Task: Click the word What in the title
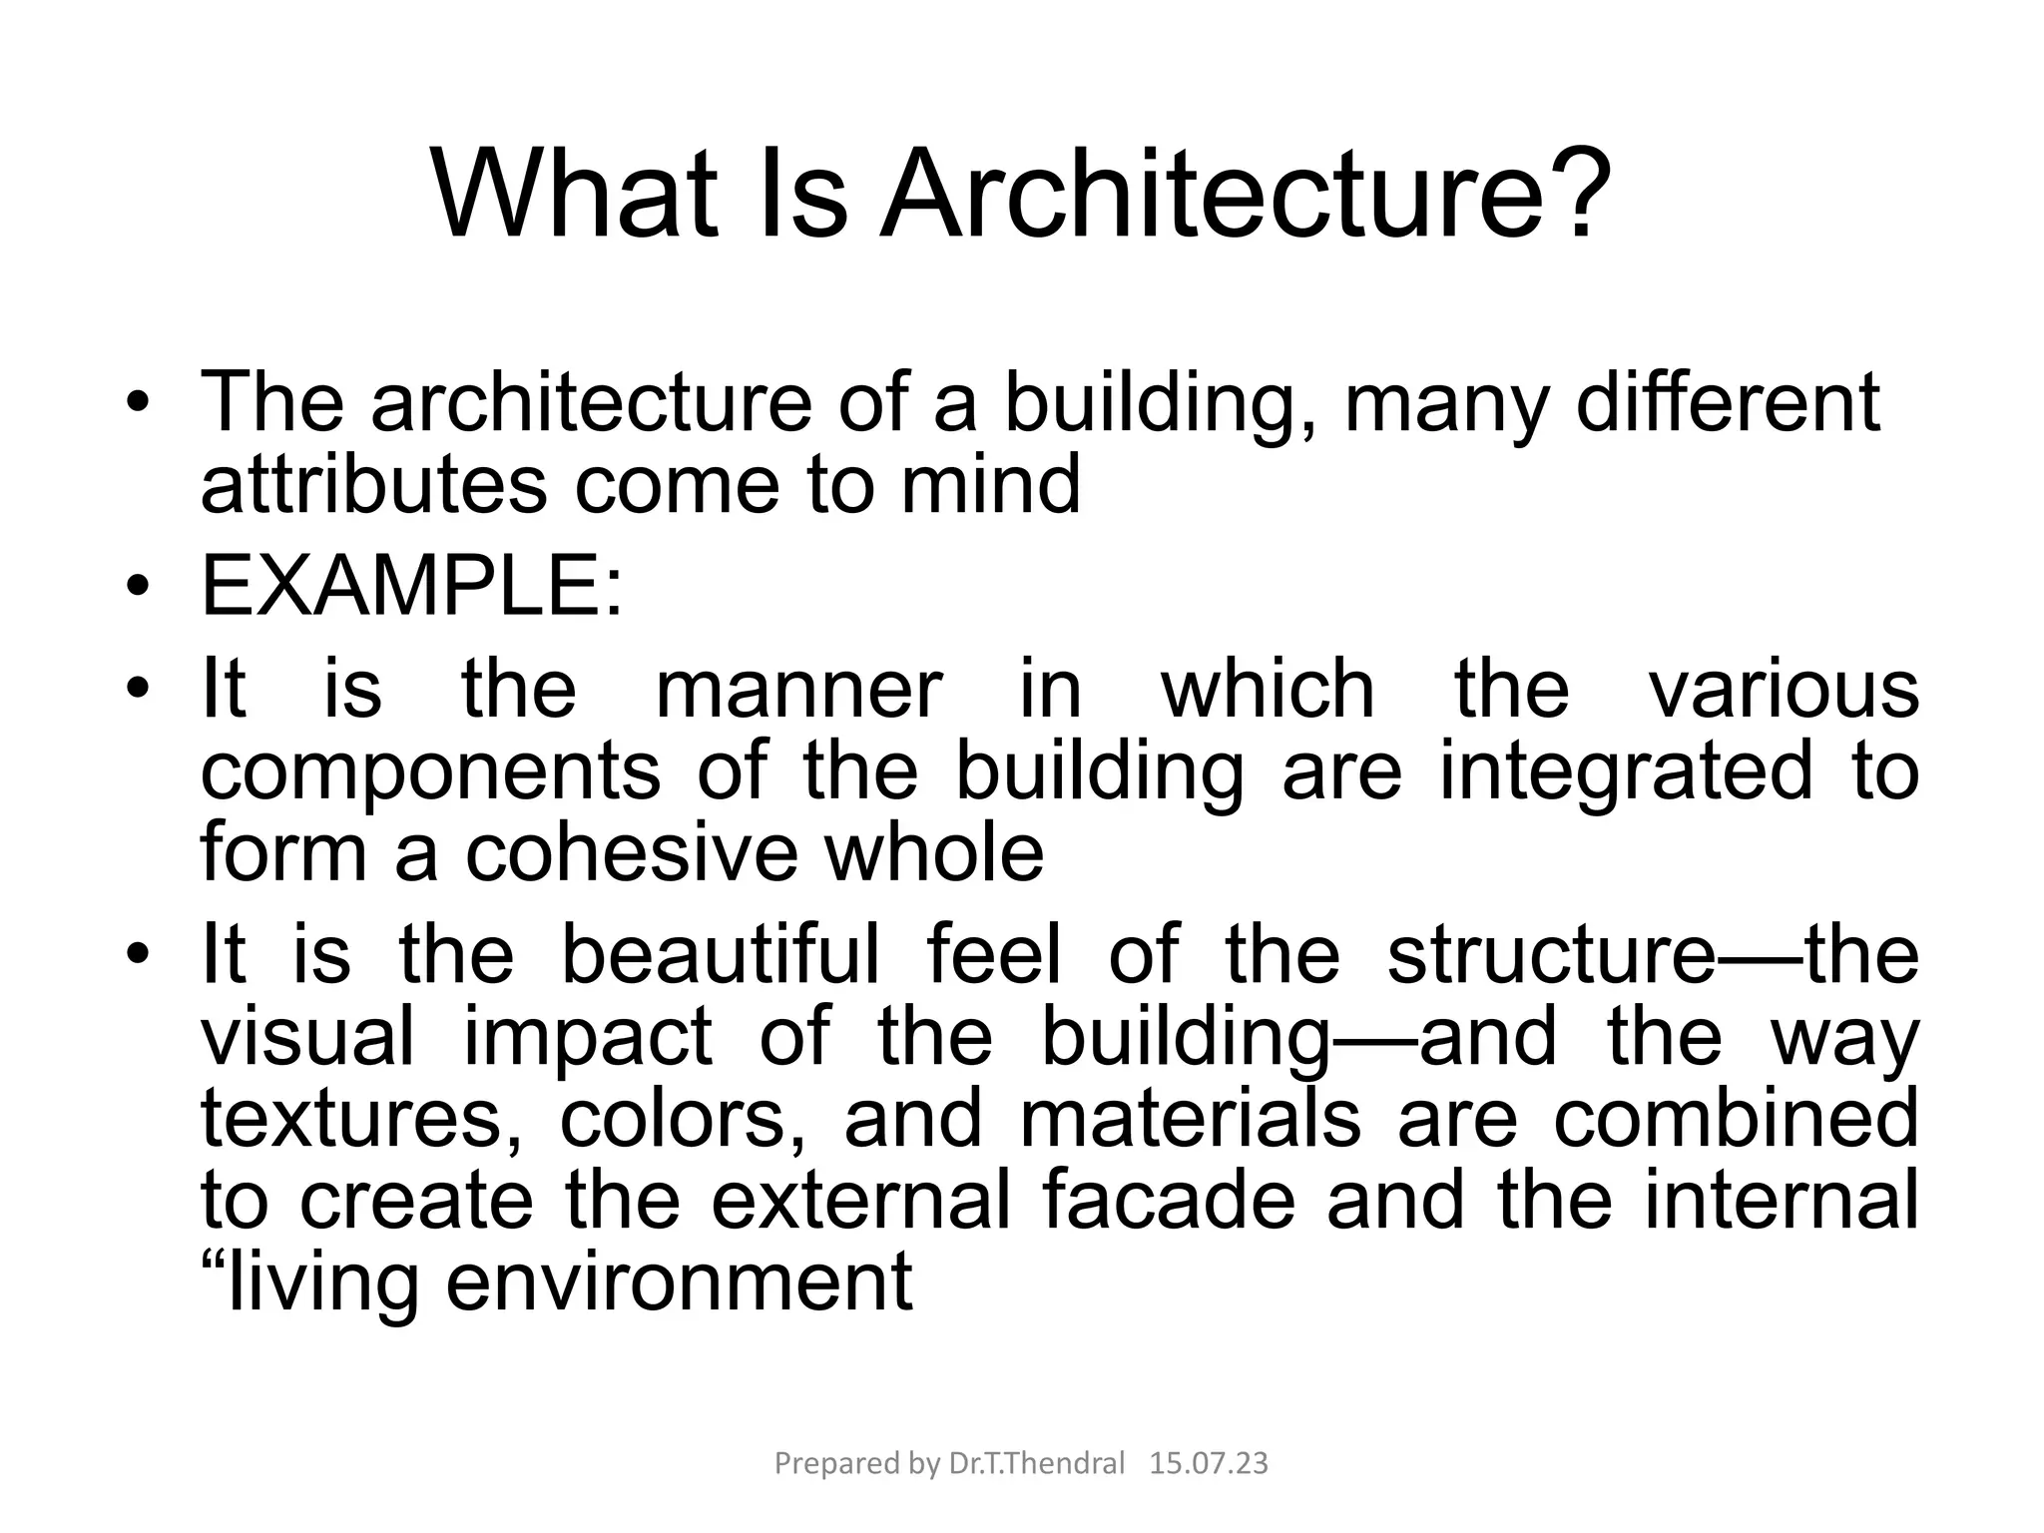click(x=575, y=194)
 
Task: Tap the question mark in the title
click(x=1575, y=194)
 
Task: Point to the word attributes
click(x=374, y=484)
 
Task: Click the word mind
click(x=990, y=484)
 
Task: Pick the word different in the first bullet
click(x=1727, y=402)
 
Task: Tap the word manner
click(x=798, y=689)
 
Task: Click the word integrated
click(x=1626, y=771)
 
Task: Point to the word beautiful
click(x=721, y=954)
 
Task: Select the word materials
click(x=1190, y=1118)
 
